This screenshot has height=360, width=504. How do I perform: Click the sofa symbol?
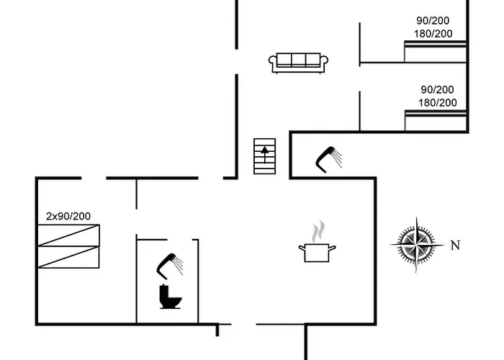pos(298,62)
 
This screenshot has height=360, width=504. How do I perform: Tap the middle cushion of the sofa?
pos(298,60)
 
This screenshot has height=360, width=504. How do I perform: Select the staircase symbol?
pos(265,155)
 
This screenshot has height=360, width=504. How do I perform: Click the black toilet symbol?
pos(169,297)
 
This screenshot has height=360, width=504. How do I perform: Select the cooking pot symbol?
pos(317,252)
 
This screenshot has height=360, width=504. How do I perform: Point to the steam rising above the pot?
pos(317,232)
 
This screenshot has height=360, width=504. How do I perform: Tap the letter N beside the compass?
pos(454,246)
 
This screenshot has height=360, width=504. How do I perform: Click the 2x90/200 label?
pos(68,216)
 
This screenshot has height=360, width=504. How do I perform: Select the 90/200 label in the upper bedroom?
pos(433,21)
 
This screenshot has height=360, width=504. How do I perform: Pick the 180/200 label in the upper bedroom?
pos(433,34)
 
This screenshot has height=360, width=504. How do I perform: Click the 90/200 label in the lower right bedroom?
pos(438,89)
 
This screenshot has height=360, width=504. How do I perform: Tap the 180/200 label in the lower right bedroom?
pos(438,102)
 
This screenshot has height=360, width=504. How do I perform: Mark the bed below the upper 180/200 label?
pos(436,52)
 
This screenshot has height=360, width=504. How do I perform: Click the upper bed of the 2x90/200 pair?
pos(68,235)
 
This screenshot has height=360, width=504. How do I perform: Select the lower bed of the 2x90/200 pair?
pos(68,257)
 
